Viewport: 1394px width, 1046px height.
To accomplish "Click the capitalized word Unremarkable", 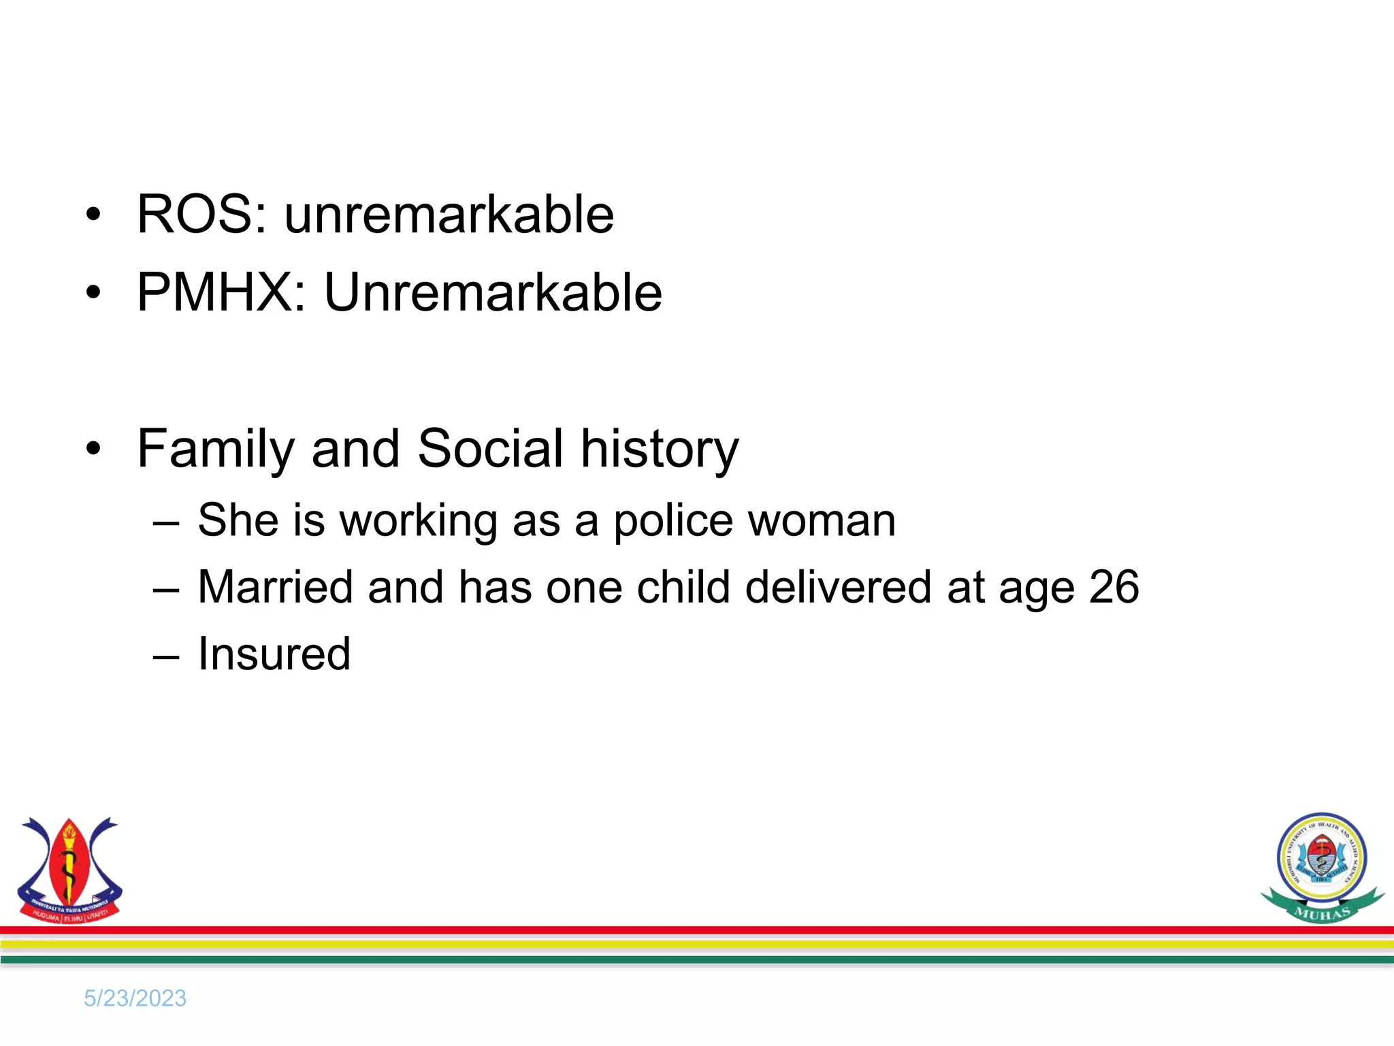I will pos(493,293).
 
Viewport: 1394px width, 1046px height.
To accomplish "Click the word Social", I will pos(490,449).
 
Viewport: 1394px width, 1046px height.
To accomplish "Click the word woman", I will pos(822,522).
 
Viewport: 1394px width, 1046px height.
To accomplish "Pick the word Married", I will pos(275,587).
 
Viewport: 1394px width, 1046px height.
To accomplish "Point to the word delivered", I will pos(838,587).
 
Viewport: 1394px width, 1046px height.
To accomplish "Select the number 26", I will pos(1114,587).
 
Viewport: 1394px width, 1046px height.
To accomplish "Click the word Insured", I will pos(274,654).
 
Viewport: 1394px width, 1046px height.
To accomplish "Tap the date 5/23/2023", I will pos(135,998).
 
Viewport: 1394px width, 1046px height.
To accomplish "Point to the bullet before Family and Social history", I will pos(93,449).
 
